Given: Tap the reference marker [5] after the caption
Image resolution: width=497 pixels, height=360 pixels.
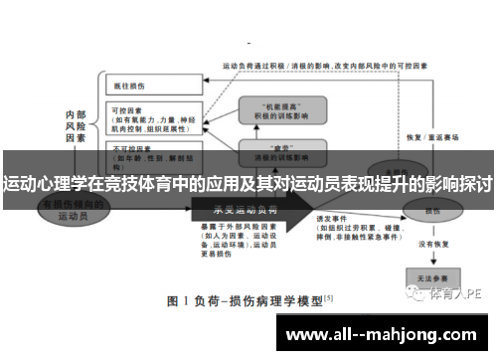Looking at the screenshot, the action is point(329,295).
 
